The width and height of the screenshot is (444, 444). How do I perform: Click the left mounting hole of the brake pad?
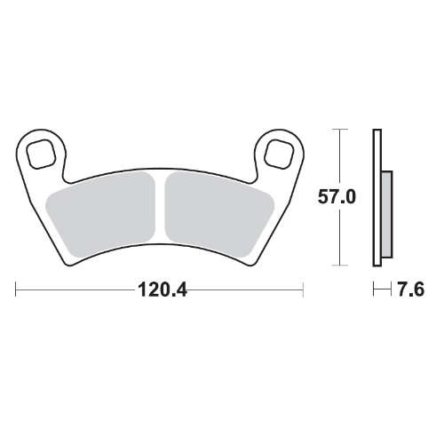tap(40, 153)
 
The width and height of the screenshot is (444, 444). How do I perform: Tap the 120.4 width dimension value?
tap(161, 289)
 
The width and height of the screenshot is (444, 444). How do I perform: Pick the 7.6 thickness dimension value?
tap(410, 289)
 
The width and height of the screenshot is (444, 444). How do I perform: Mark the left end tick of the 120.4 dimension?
tap(17, 289)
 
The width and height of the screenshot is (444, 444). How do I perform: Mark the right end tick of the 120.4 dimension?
tap(305, 289)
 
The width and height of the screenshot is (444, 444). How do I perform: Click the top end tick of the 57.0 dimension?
tap(337, 130)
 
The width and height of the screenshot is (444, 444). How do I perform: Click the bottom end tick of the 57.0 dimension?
tap(337, 265)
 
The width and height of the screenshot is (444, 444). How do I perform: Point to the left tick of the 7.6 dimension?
tap(374, 289)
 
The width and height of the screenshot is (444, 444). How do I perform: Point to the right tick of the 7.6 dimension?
tap(390, 289)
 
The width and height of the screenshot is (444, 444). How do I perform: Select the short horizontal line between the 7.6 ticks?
tap(382, 289)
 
